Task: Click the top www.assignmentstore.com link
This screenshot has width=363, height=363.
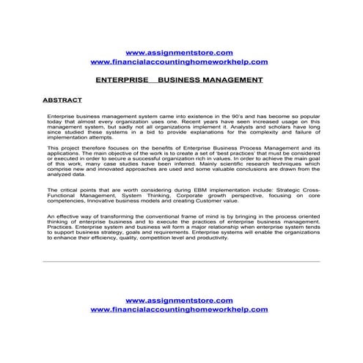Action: [x=179, y=53]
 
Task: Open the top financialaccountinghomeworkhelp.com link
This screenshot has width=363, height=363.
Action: [x=179, y=62]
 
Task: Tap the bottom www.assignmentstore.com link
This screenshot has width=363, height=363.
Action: [x=179, y=301]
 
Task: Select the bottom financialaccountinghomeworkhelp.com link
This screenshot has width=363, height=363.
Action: [x=179, y=310]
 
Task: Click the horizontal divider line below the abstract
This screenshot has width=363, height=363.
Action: [x=181, y=262]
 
